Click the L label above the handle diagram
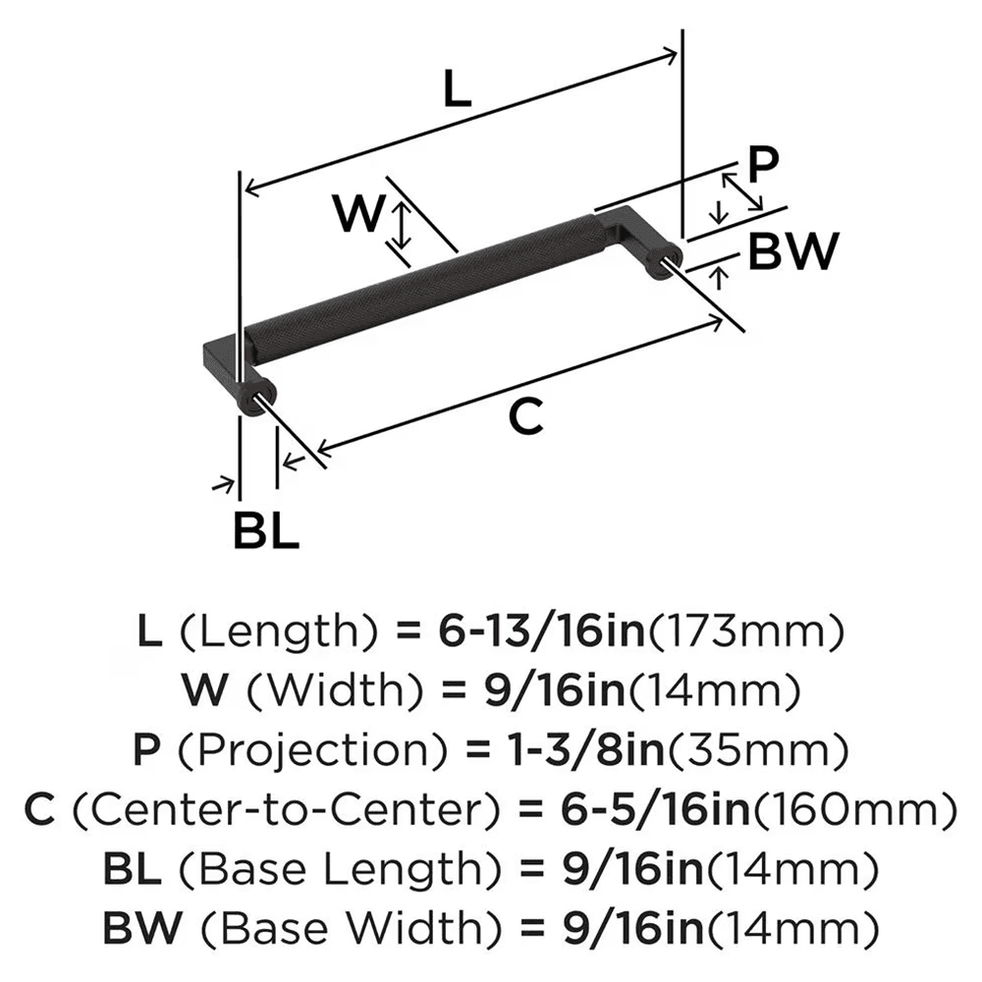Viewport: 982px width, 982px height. point(457,90)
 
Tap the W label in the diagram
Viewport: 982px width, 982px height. point(356,213)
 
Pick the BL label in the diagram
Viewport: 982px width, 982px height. point(266,531)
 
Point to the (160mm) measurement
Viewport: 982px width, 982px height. point(854,810)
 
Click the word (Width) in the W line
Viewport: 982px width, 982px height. point(311,692)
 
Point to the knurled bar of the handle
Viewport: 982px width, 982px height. point(422,290)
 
